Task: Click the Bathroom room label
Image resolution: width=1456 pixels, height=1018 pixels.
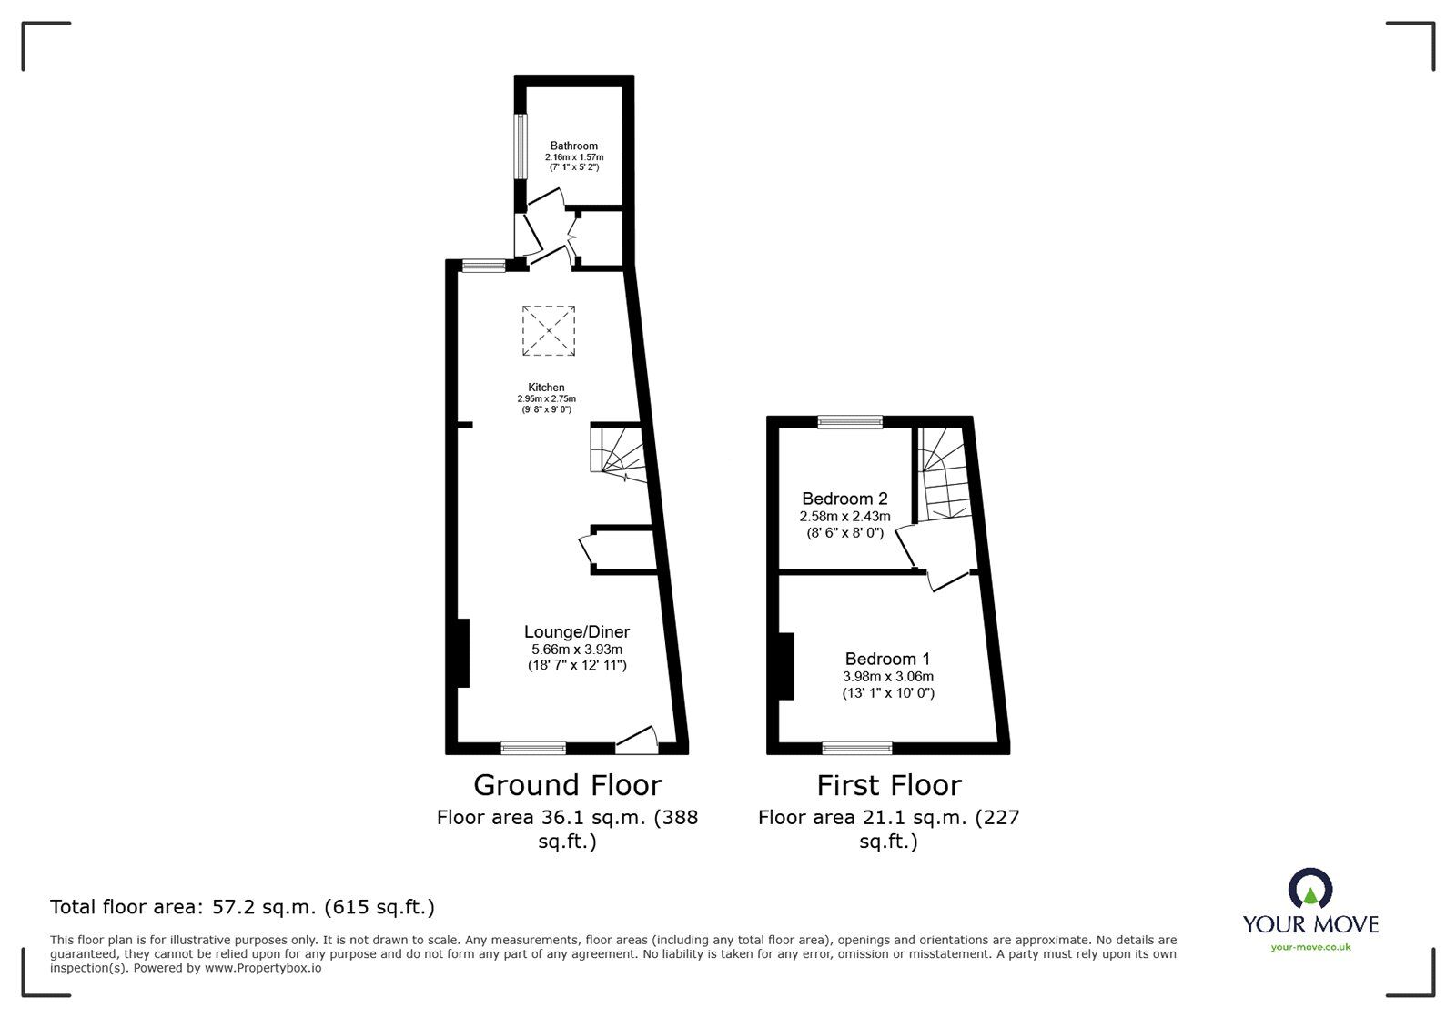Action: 573,146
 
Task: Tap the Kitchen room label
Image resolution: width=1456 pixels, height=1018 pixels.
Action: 546,388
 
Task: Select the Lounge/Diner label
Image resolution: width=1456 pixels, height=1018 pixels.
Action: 577,631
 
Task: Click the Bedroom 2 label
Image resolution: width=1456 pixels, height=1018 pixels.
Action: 844,499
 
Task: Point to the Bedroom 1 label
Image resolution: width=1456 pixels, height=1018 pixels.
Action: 887,659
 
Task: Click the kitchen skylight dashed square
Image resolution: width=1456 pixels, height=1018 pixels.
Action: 549,330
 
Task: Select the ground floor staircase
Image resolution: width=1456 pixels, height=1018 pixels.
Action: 619,450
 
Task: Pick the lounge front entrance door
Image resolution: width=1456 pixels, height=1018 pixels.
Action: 637,741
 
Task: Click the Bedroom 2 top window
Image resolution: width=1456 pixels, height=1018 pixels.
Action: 850,421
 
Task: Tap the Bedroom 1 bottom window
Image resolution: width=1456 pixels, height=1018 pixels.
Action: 857,748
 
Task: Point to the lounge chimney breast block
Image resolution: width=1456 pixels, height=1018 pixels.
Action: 462,652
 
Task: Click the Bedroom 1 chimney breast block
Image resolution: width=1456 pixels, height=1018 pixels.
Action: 785,666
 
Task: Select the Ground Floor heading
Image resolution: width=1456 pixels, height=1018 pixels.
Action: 568,784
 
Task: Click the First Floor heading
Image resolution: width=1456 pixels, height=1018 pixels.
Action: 888,784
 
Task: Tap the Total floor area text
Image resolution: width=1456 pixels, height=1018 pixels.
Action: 242,907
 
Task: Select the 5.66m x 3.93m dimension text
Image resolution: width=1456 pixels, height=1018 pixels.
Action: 577,650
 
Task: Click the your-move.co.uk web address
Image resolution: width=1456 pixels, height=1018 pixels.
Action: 1310,947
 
